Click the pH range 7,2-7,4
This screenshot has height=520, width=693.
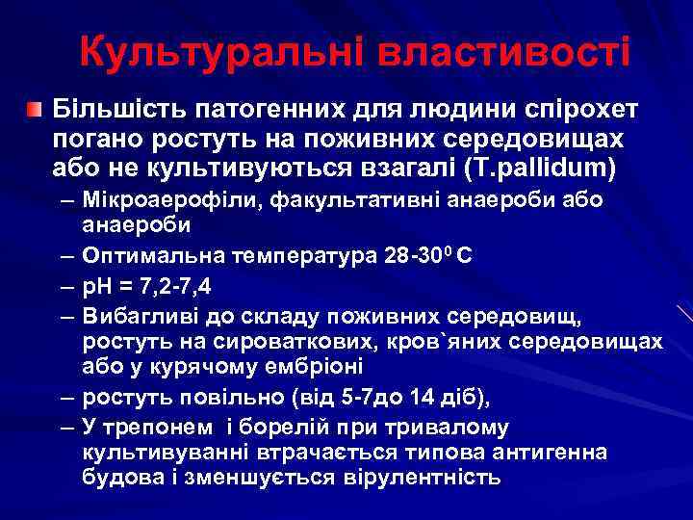tap(179, 285)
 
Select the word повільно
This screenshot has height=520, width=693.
tap(242, 398)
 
